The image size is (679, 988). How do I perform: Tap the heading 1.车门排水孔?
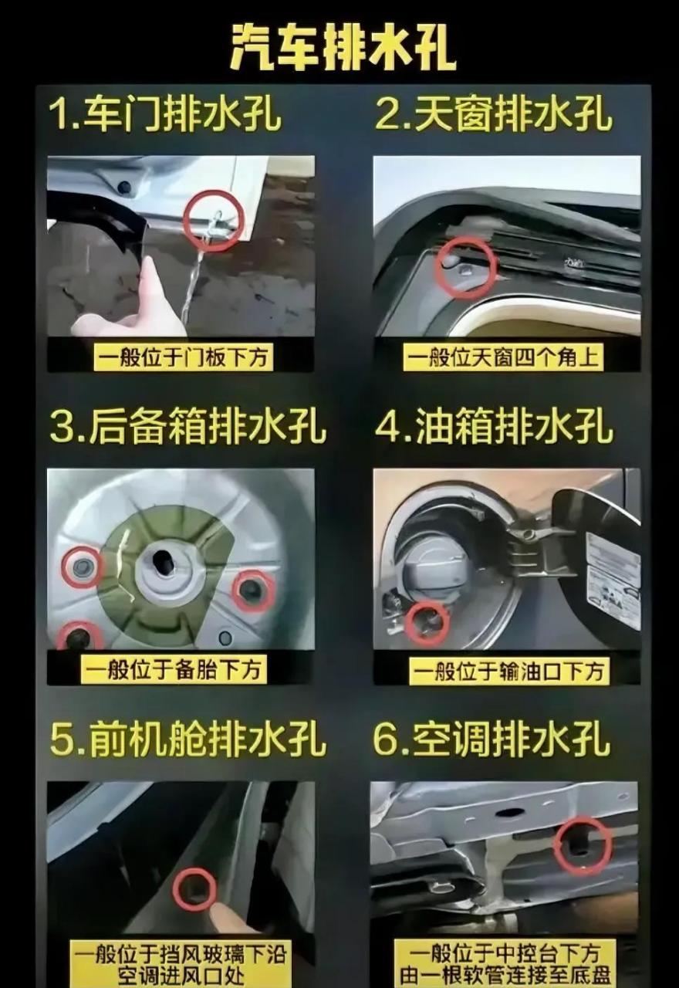coord(165,114)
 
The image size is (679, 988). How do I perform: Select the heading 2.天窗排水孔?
coord(493,114)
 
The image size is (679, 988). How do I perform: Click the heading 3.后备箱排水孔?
coord(187,427)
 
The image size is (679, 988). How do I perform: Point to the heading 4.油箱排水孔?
coord(494,427)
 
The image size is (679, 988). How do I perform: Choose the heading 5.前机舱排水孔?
coord(187,739)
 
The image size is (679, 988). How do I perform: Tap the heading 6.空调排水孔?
coord(492,739)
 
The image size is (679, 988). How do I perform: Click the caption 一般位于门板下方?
coord(184,358)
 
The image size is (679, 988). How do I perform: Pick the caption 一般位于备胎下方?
coord(174,669)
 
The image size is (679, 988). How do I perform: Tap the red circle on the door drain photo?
coord(214,221)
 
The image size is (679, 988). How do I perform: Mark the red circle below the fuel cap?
coord(427,622)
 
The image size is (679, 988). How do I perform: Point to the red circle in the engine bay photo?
coord(194,888)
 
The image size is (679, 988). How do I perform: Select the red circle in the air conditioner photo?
coord(583,845)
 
